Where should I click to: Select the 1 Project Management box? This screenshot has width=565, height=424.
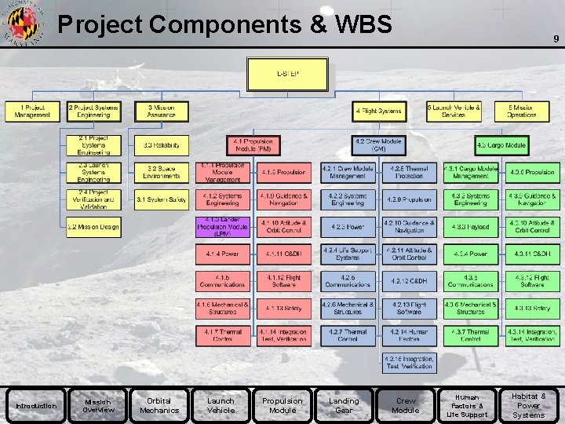coord(32,111)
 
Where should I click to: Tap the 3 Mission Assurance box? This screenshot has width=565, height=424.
coord(162,111)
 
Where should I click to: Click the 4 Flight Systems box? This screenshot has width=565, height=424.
coord(378,111)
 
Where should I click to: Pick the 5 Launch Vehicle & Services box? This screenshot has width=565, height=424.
coord(454,111)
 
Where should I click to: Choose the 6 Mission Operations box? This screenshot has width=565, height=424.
coord(522,111)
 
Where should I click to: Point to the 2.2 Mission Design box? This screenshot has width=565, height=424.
coord(93,227)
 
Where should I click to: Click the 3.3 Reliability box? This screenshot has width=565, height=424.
coord(162,145)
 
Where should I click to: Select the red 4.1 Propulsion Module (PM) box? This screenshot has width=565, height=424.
coord(253,145)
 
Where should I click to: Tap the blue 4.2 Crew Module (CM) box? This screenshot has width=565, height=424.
coord(378,145)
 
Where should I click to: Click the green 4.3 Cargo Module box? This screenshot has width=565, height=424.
coord(502,145)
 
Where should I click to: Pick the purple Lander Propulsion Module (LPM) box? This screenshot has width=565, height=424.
coord(223,227)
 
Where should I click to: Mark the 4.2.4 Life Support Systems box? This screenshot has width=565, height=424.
coord(348,254)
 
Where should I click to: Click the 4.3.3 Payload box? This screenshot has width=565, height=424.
coord(471,227)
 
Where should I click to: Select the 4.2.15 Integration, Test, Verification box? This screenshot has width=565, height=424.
coord(409,363)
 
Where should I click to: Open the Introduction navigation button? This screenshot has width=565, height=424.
coord(36,406)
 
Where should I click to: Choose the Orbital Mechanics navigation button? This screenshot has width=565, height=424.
coord(159,406)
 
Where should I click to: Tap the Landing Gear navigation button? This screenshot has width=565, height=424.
coord(344,406)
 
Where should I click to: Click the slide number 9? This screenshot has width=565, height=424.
coord(556,37)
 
